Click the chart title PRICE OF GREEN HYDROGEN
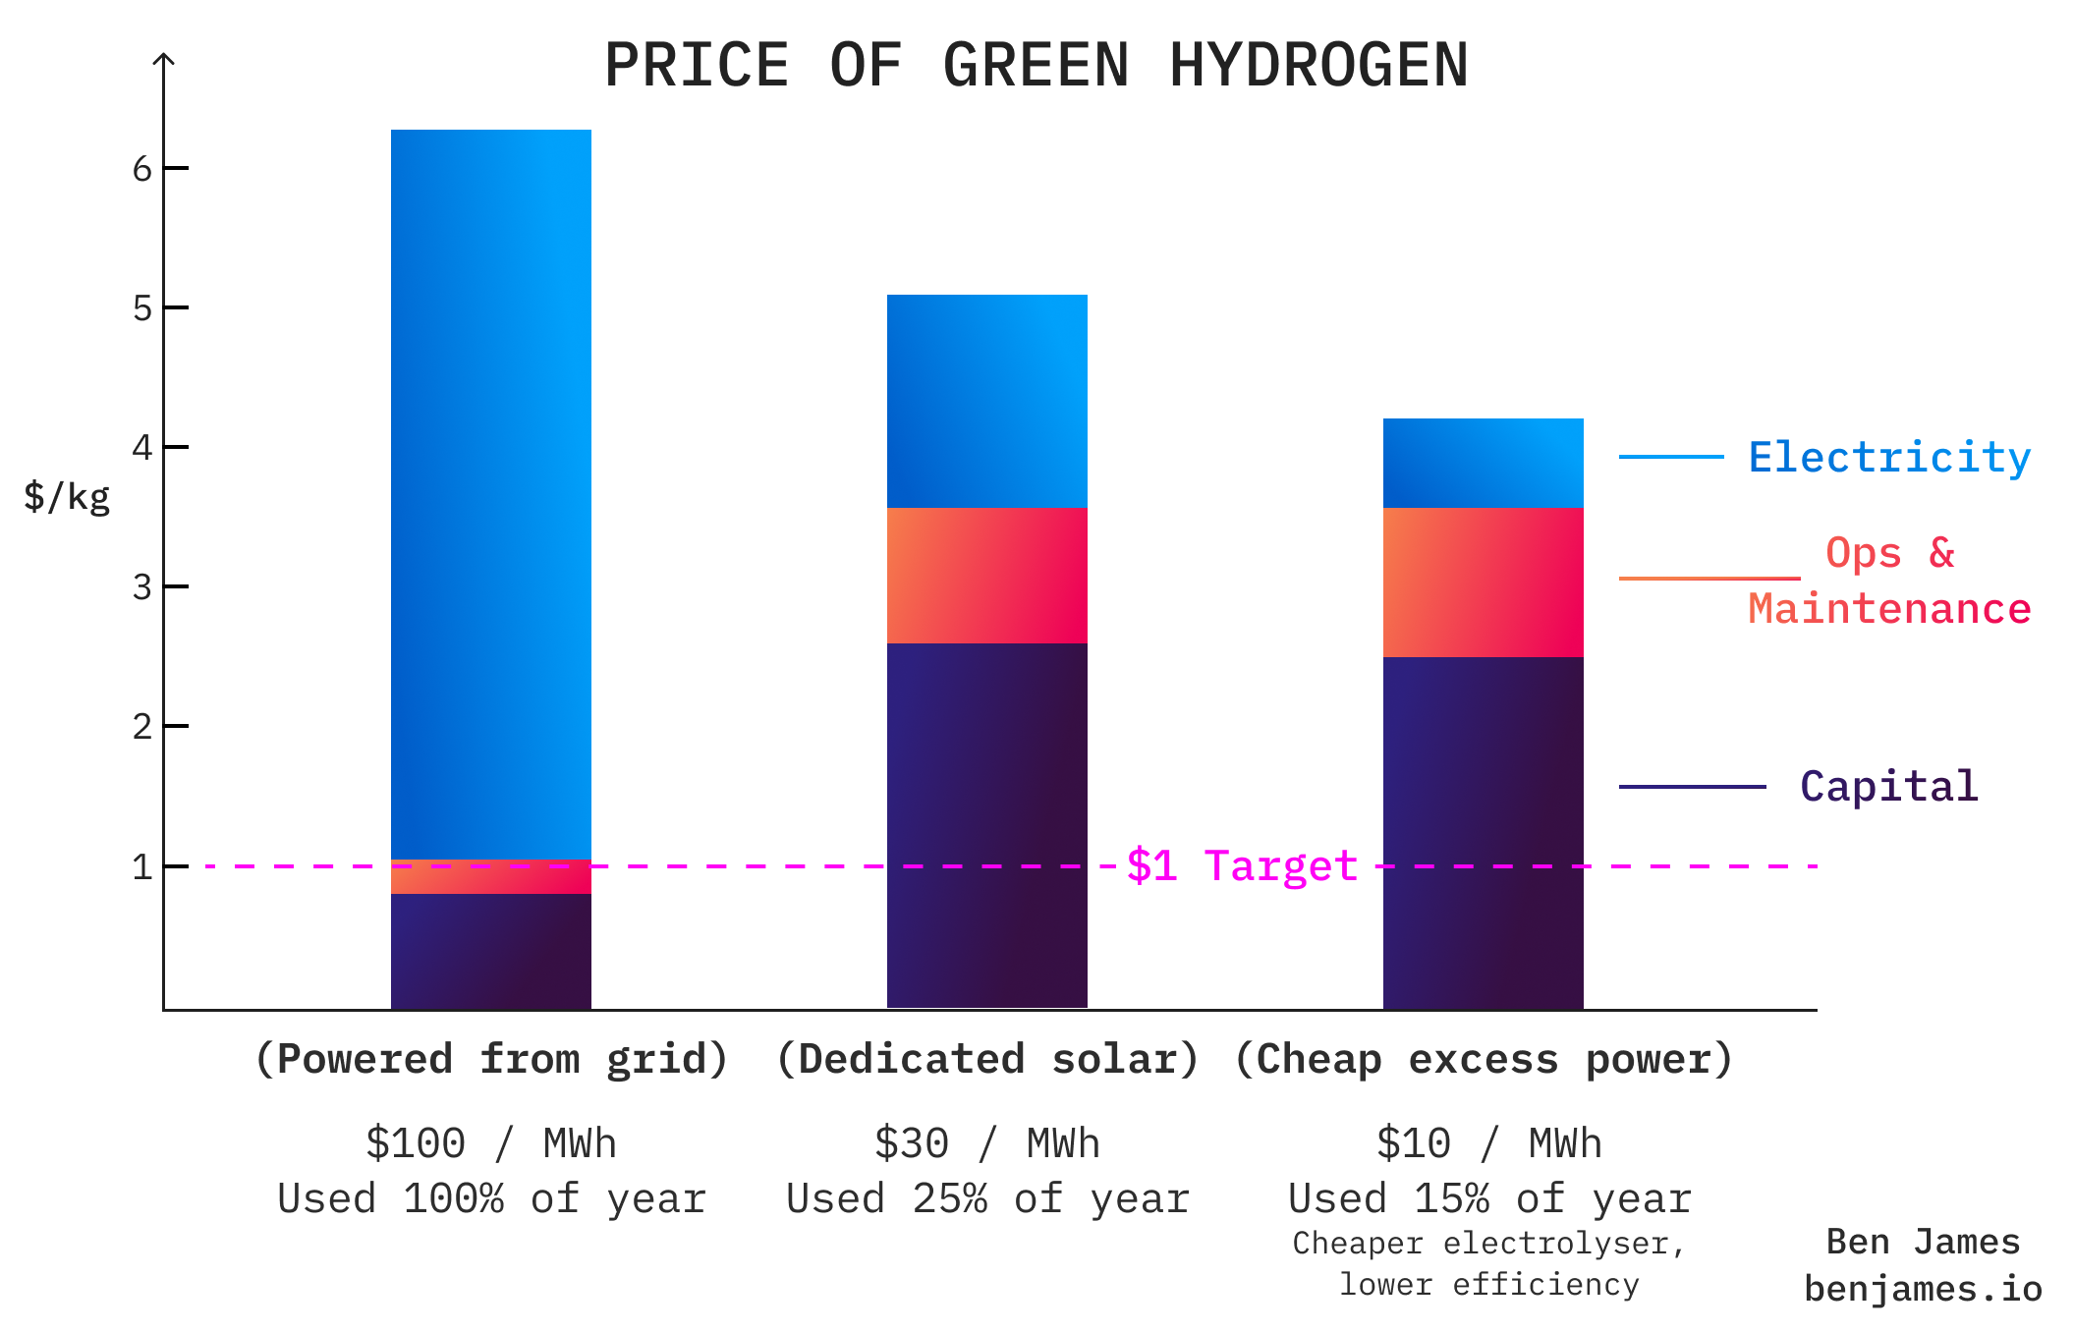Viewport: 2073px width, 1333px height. point(1036,66)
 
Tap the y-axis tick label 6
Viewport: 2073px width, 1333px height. point(142,170)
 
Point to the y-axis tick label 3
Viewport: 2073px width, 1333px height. point(142,587)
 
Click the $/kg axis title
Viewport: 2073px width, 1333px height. point(67,497)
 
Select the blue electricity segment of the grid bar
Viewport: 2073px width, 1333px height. point(491,491)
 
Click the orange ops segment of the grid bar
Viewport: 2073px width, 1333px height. point(491,876)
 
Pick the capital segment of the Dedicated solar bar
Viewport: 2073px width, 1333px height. point(987,825)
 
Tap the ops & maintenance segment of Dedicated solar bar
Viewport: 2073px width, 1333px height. point(987,576)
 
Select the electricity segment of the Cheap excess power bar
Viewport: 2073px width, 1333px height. point(1484,463)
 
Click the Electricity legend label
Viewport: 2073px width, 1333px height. point(1888,458)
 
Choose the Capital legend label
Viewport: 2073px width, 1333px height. point(1888,787)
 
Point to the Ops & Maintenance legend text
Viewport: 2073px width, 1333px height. point(1888,582)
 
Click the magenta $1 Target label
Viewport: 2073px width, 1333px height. point(1242,866)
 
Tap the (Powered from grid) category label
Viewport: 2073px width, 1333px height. point(491,1060)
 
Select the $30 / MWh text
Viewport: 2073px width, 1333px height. point(987,1144)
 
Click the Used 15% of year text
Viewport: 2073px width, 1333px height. point(1489,1199)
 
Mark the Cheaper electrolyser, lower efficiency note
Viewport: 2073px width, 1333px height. point(1489,1264)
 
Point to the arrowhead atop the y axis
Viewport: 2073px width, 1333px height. point(165,59)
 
